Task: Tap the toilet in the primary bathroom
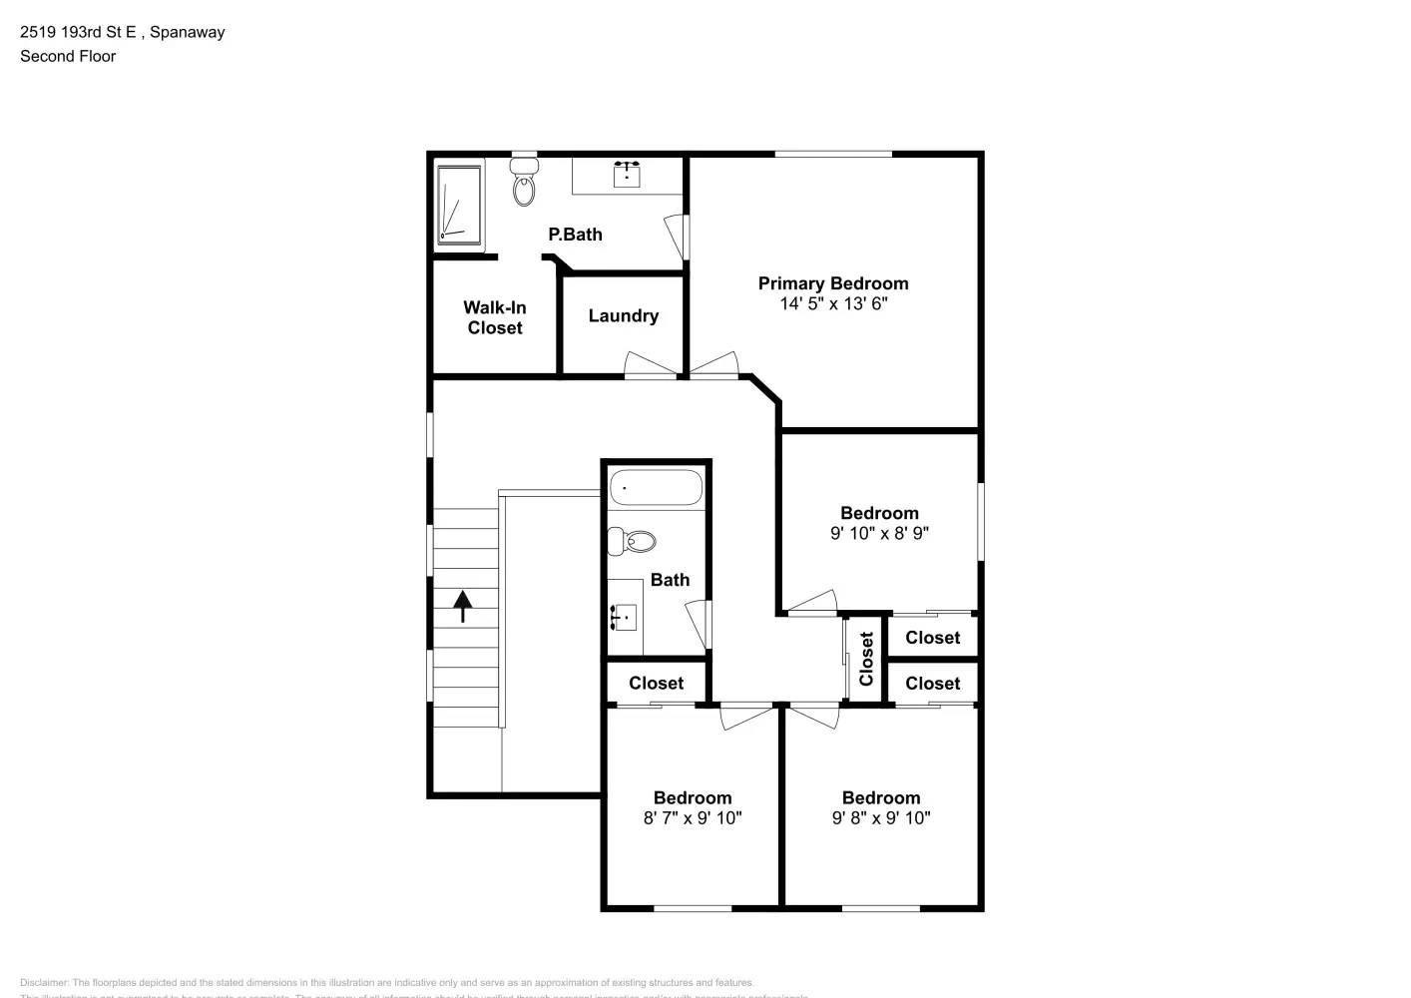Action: coord(524,182)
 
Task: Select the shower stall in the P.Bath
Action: coord(459,205)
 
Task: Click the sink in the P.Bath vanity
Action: coord(627,175)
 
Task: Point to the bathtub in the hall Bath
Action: coord(656,488)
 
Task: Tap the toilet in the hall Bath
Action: coord(633,541)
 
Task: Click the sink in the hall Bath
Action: coord(624,618)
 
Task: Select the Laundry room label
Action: coord(624,316)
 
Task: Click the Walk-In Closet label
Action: coord(495,318)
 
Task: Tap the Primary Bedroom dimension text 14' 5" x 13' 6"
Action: coord(833,304)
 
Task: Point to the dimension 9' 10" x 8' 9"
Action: coord(879,534)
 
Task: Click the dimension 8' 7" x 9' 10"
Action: coord(693,818)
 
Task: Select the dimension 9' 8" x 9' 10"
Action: coord(881,818)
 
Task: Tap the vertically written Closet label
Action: coord(866,659)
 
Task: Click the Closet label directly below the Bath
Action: coord(656,684)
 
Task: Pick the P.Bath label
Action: coord(575,235)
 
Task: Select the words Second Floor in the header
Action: coord(68,57)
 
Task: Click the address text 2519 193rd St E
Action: coord(78,32)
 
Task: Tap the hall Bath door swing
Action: coord(699,623)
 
